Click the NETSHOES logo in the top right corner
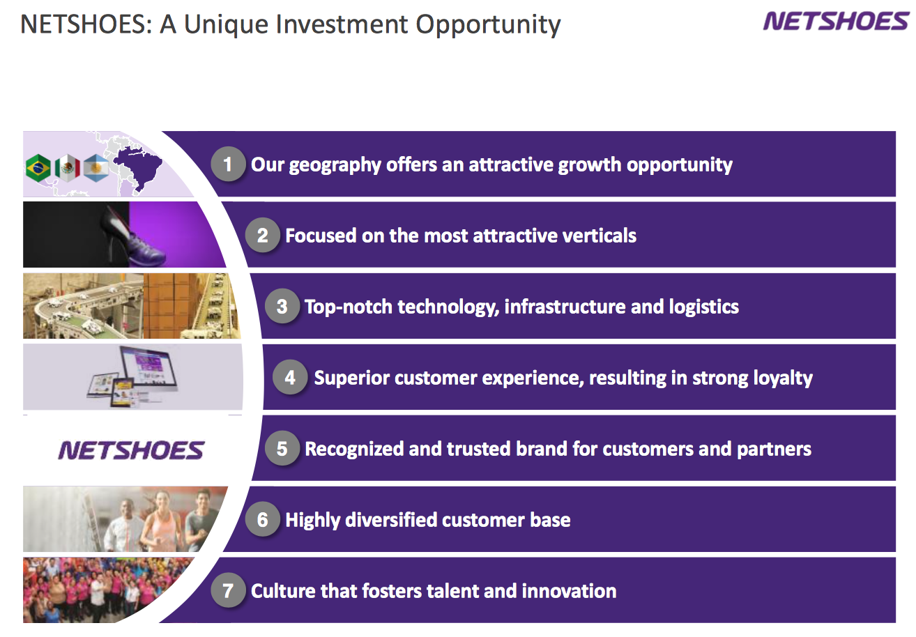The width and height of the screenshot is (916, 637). [836, 22]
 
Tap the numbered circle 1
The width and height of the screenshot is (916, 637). [228, 164]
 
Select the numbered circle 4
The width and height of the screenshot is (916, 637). [290, 377]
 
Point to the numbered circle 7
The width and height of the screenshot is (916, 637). [228, 590]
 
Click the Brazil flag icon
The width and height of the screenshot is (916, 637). [38, 168]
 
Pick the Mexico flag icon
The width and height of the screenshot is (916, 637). [68, 168]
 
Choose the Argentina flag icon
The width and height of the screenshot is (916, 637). [96, 168]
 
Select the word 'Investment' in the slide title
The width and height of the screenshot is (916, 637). [342, 24]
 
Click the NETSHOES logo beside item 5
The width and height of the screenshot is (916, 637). [131, 450]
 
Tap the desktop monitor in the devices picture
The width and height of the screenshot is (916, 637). [150, 367]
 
